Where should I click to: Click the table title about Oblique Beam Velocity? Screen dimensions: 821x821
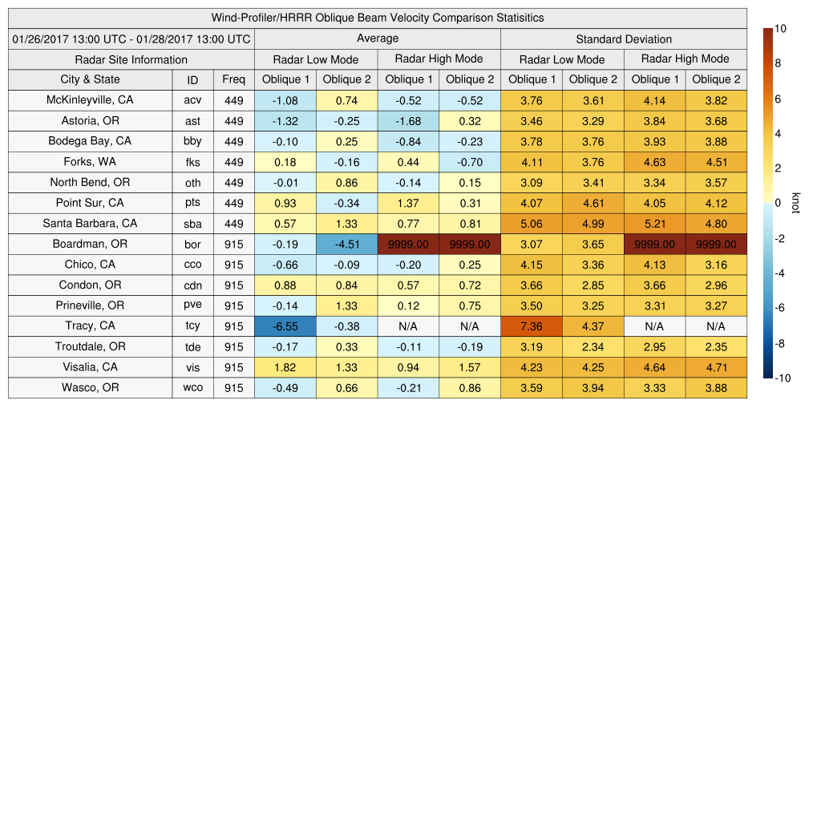point(378,18)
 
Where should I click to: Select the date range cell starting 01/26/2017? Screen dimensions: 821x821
point(131,38)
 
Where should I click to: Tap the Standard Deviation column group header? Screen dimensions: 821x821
point(624,38)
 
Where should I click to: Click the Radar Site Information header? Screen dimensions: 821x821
point(131,59)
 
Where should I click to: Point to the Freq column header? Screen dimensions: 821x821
point(234,79)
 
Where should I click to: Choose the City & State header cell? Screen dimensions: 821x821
point(91,79)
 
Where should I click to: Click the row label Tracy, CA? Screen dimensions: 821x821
point(91,326)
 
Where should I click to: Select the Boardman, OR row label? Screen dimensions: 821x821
point(91,244)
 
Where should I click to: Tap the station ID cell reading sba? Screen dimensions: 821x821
point(192,224)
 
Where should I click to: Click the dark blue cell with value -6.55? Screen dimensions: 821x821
point(285,326)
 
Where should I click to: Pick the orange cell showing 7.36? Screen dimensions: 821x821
point(532,326)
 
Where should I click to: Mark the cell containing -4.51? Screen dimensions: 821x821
point(346,245)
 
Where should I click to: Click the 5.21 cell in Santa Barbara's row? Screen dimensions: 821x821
point(655,224)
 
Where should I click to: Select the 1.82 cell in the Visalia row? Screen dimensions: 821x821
point(285,367)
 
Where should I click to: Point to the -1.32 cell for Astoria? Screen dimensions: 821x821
point(285,121)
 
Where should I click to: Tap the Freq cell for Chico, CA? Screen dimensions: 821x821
point(234,265)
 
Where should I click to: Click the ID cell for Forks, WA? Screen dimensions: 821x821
point(192,162)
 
